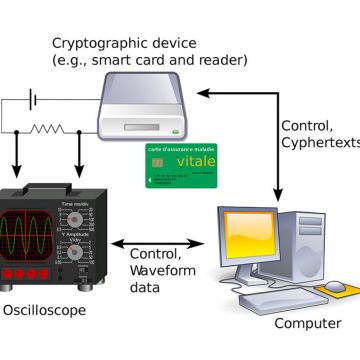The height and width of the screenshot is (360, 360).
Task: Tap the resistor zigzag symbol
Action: (x=48, y=129)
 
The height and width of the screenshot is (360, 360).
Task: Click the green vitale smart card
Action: (x=181, y=165)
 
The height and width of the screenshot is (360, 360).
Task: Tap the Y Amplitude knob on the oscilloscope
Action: (x=74, y=254)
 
